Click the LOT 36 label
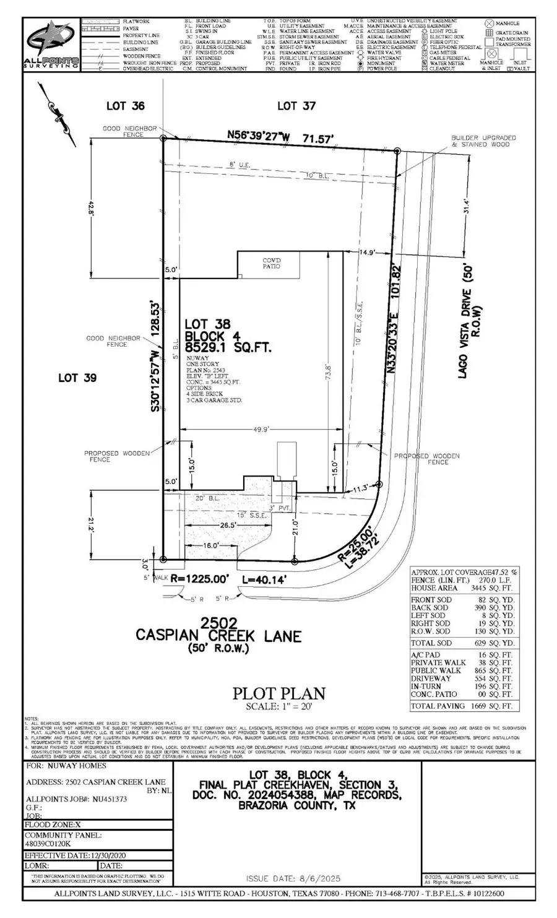tap(125, 106)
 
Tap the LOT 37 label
tap(296, 106)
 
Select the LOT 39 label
tap(77, 378)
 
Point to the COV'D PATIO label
tap(271, 263)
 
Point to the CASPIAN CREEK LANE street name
tap(218, 636)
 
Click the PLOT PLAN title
tap(278, 694)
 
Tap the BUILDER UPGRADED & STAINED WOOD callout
tap(483, 141)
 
